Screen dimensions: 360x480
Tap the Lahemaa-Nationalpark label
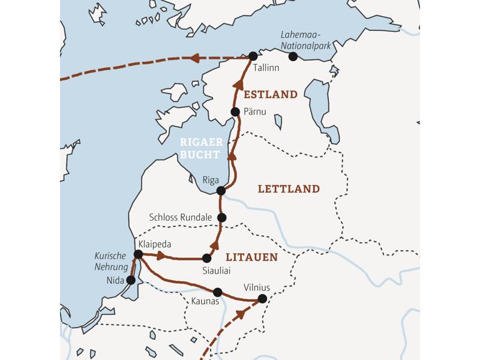305,43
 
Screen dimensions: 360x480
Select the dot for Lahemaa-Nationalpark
293,56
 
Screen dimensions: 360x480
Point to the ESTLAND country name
270,94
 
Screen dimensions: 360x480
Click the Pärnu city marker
236,112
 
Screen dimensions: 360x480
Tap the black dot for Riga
221,191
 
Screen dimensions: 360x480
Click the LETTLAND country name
288,189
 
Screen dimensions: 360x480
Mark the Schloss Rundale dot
222,217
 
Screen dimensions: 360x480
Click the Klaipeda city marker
138,254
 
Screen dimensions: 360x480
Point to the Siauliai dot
207,258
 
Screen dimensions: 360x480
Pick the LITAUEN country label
251,257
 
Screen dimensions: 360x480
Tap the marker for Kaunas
218,292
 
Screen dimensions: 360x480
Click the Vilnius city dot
262,298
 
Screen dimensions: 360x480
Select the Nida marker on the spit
131,280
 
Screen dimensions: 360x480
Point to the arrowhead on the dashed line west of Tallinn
195,58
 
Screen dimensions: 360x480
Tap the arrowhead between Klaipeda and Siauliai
161,256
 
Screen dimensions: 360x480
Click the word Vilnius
257,287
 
